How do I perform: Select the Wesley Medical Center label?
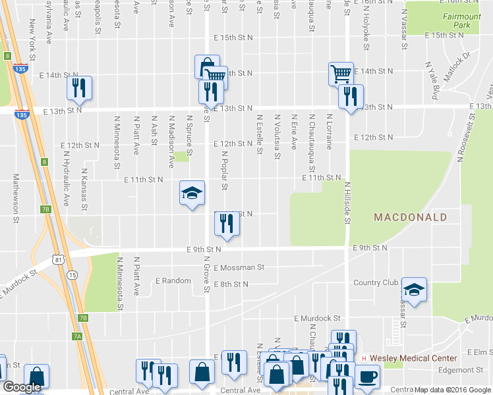pos(413,358)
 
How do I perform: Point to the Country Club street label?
pos(376,283)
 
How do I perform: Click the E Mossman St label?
pos(239,267)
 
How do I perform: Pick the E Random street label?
pos(173,281)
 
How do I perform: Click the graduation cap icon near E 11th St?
pos(192,193)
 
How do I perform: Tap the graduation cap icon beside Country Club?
pos(414,290)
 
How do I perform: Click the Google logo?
pos(21,387)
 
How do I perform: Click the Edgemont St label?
pos(461,370)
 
